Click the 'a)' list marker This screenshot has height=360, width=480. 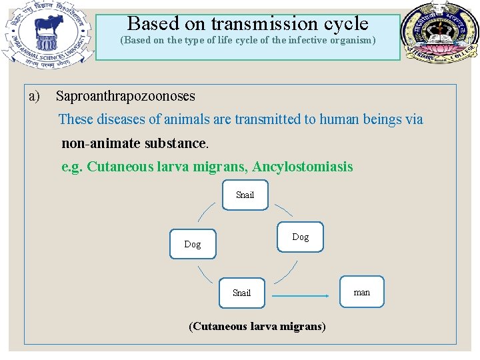35,96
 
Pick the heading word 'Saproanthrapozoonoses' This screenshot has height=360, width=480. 125,96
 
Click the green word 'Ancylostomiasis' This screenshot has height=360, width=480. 303,167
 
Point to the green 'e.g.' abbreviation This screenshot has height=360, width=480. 72,167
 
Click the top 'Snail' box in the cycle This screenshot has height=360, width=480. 245,195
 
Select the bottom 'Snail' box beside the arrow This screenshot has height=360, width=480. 241,293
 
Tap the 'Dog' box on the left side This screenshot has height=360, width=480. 193,244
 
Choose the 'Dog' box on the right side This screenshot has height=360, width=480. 300,237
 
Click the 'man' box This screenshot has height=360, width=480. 361,292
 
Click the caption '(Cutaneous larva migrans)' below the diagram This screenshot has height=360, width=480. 257,327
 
